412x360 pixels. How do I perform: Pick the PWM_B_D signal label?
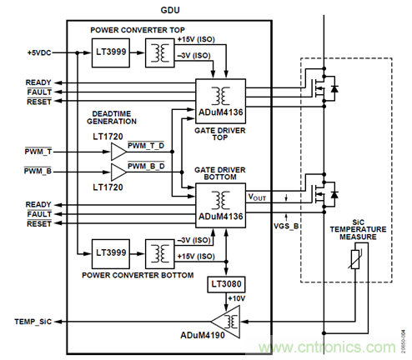pyautogui.click(x=146, y=167)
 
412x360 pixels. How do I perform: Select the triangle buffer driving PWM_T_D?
pyautogui.click(x=116, y=150)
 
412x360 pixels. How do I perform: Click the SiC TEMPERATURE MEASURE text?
pyautogui.click(x=357, y=227)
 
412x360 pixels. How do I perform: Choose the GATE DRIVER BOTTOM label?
pyautogui.click(x=219, y=172)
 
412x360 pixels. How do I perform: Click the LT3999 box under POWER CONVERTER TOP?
pyautogui.click(x=110, y=55)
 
